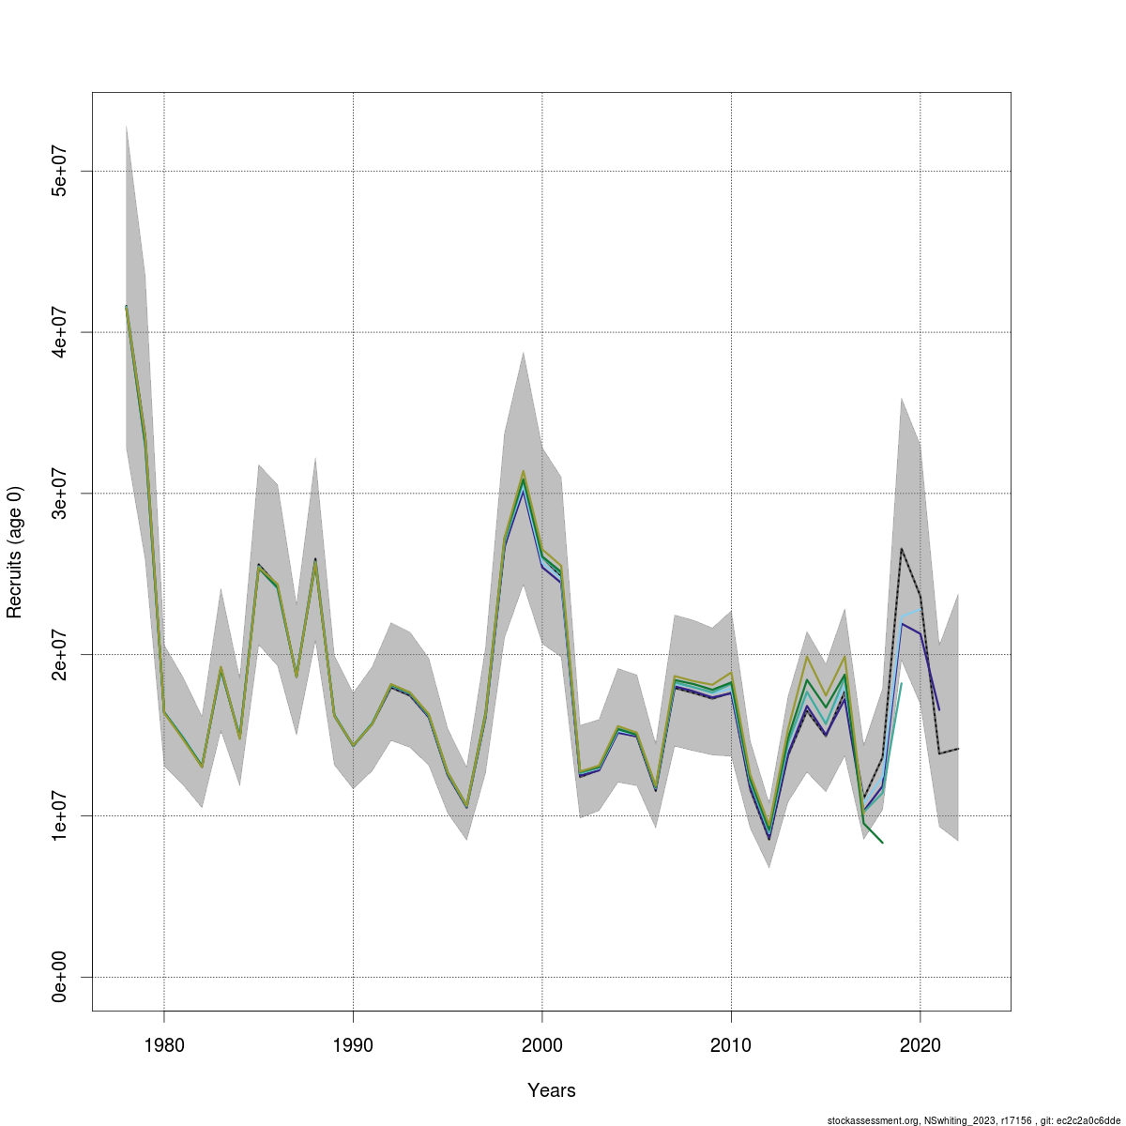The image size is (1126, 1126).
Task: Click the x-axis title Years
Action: coord(552,1090)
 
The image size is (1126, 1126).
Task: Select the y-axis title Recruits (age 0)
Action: coord(15,552)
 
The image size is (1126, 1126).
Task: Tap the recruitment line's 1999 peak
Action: coord(524,477)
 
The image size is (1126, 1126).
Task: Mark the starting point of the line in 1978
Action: coord(127,307)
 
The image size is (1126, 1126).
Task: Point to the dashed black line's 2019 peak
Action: coord(902,549)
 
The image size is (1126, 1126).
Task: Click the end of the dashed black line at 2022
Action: coord(958,749)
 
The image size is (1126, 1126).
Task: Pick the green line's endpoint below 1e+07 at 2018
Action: coord(883,844)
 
